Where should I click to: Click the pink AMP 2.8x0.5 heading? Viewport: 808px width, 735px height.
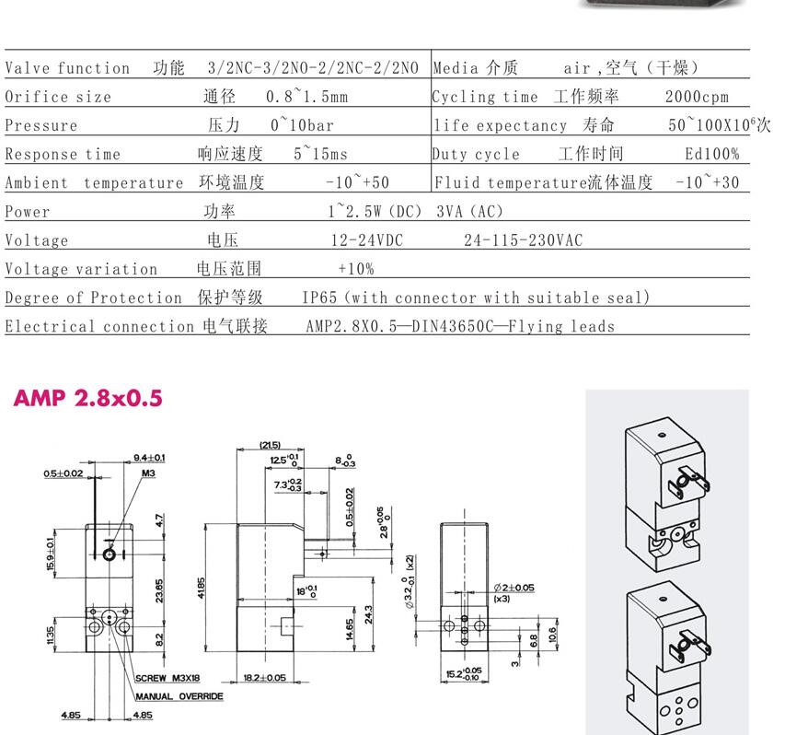(87, 398)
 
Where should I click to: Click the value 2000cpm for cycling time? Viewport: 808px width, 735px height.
(697, 97)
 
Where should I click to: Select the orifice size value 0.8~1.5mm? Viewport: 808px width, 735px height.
(306, 97)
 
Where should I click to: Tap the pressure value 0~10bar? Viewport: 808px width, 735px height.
(302, 125)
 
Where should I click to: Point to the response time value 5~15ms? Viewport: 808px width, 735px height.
(320, 154)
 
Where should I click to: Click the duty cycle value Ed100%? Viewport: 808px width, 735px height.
(712, 154)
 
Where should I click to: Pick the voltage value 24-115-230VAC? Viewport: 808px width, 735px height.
(523, 239)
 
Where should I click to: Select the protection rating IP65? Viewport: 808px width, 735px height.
(319, 297)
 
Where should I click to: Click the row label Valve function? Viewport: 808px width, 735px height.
(67, 67)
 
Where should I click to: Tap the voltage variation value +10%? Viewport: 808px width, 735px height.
(356, 268)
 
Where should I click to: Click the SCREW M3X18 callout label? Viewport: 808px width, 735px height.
(167, 678)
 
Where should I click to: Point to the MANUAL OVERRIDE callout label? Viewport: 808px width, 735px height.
(179, 696)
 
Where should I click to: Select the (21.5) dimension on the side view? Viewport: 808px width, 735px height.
(270, 445)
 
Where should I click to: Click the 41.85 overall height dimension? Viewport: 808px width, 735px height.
(201, 588)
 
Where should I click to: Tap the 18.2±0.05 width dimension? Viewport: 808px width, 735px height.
(264, 677)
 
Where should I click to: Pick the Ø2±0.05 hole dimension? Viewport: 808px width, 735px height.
(514, 588)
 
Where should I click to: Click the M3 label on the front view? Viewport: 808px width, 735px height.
(148, 473)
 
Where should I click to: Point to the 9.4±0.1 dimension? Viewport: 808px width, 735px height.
(149, 458)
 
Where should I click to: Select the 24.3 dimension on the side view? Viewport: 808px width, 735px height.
(368, 615)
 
